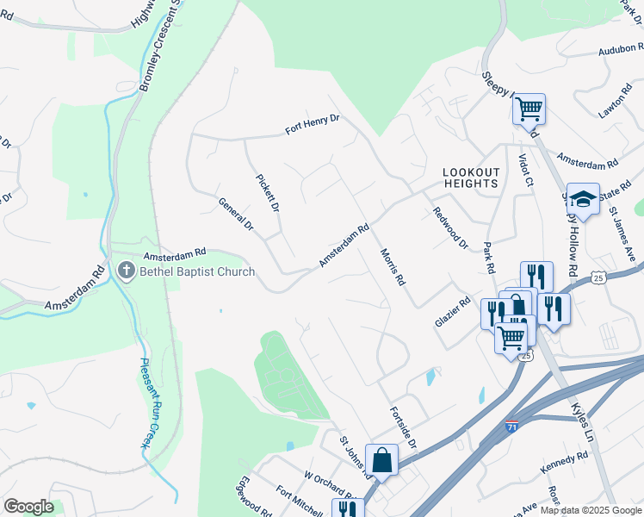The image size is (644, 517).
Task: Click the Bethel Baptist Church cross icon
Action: [x=126, y=271]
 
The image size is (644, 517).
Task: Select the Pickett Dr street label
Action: [x=268, y=194]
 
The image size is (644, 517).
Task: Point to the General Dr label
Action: [x=236, y=215]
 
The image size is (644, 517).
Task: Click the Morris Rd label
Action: [x=392, y=267]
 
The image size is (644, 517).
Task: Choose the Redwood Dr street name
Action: [x=449, y=227]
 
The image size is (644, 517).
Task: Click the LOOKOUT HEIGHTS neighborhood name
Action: [x=471, y=178]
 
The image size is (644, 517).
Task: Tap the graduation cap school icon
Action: [x=583, y=199]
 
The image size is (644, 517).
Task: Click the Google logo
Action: [x=28, y=507]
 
